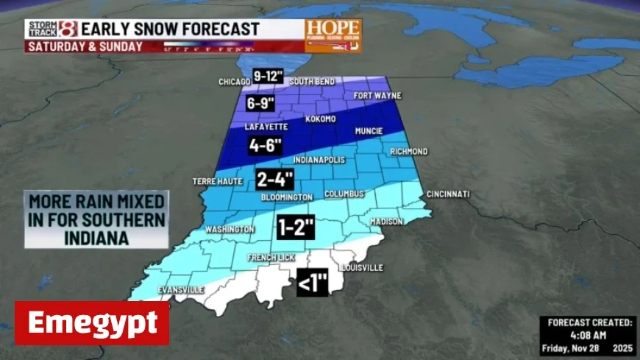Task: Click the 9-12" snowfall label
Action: point(268,76)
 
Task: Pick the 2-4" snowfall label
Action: point(274,179)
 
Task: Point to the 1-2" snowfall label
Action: point(295,227)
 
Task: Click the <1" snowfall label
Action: point(312,283)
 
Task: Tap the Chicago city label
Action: point(235,82)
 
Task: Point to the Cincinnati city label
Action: point(447,194)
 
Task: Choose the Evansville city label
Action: point(181,290)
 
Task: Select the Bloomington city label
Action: point(287,197)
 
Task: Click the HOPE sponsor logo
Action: point(333,35)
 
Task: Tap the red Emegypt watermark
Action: point(92,323)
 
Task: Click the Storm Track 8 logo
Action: point(52,29)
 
